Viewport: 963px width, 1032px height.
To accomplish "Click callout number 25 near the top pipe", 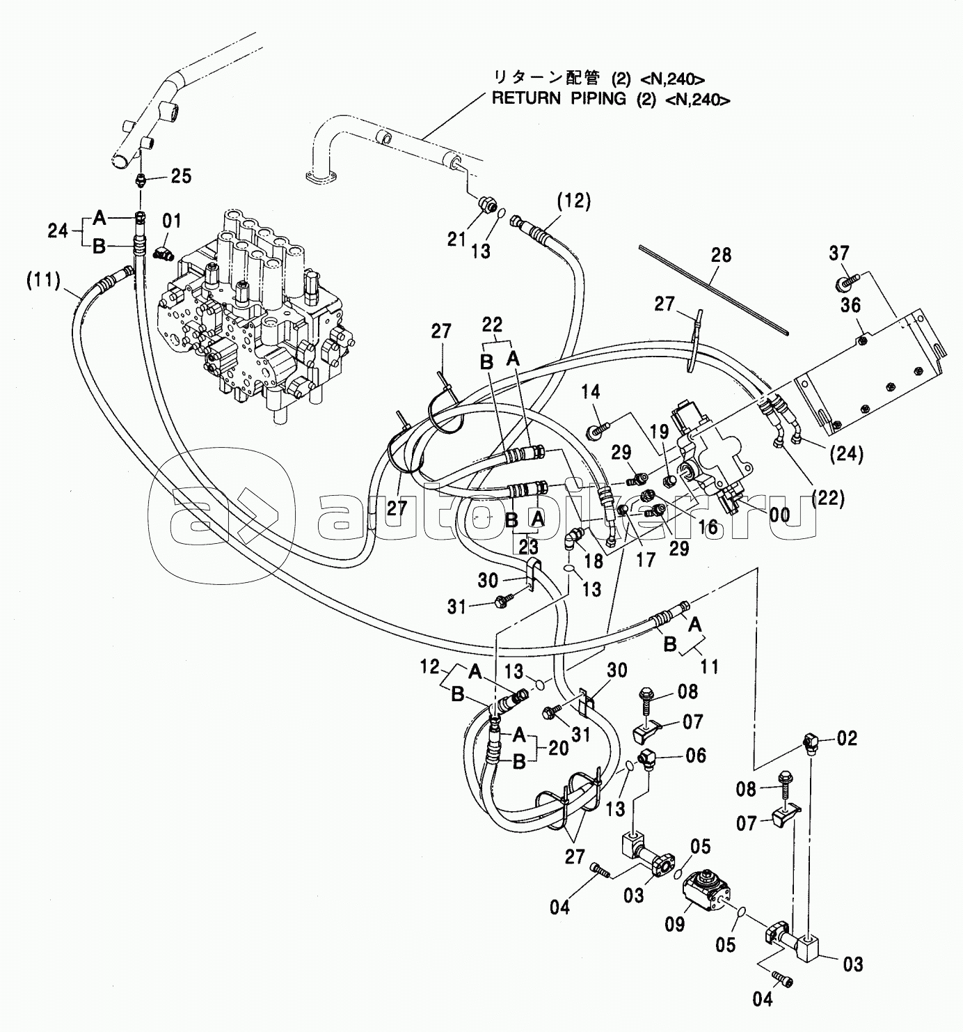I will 180,176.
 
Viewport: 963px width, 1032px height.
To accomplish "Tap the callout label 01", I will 171,222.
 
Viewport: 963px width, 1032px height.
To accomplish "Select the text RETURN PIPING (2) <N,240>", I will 611,99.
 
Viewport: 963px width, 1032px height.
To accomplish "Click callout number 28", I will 721,256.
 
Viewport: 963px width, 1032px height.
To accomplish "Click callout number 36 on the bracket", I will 850,305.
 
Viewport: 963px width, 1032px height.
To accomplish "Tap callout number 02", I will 846,738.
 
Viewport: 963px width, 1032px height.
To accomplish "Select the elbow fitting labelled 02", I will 810,744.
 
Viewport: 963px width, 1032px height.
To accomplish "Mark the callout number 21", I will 456,240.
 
